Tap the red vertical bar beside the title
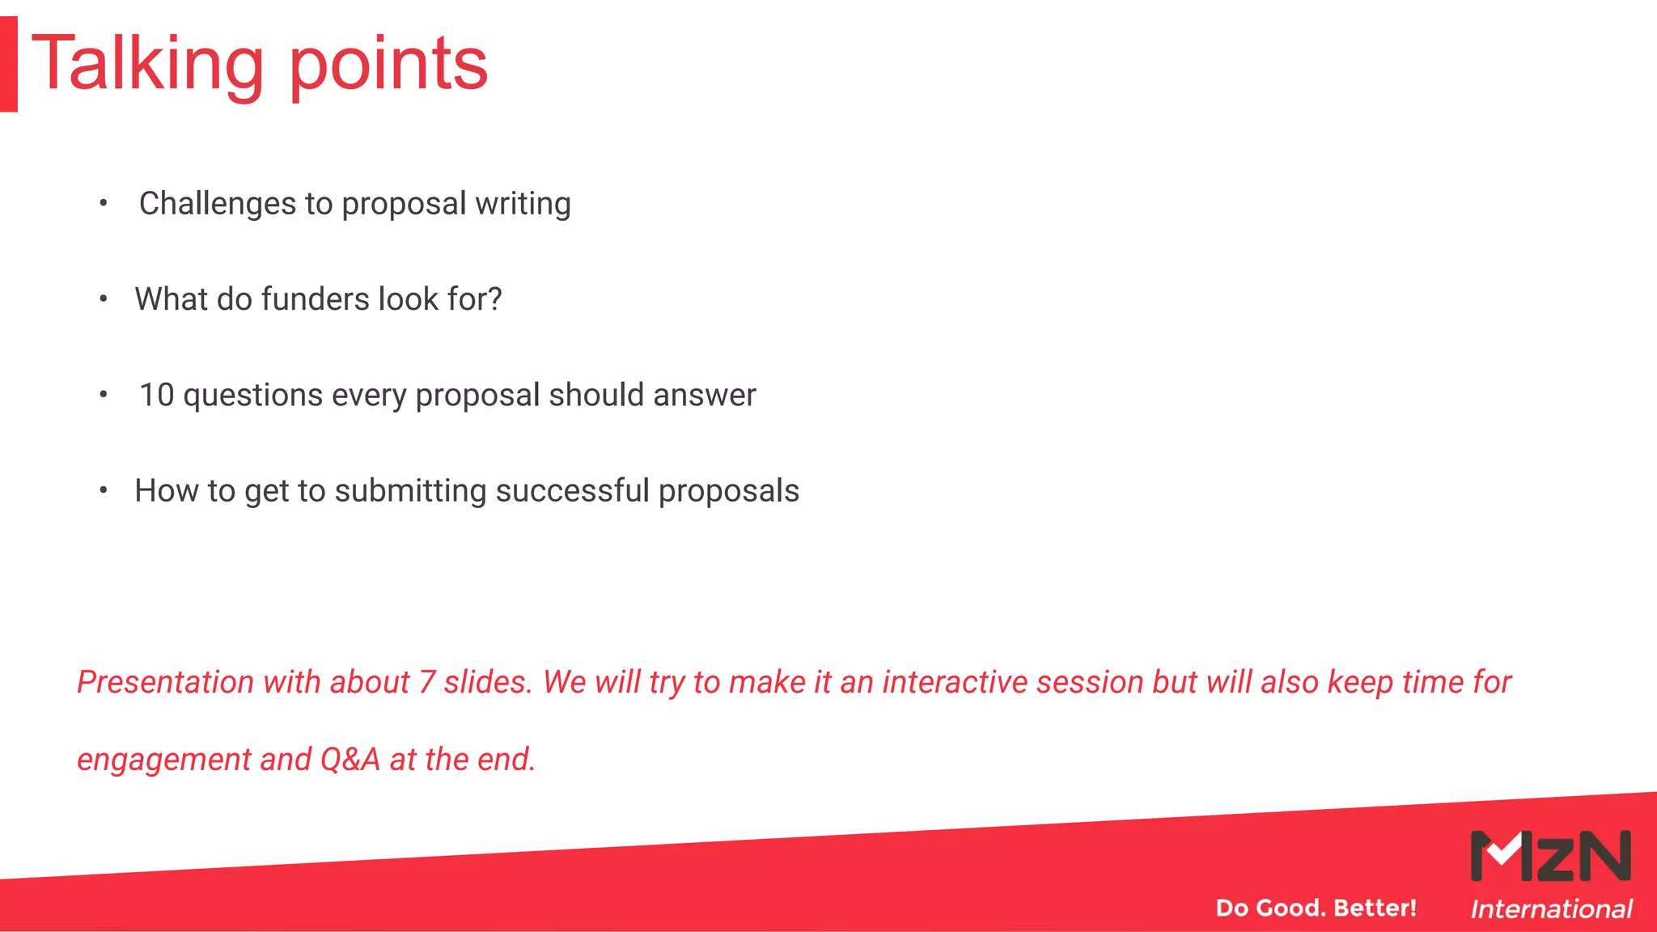point(9,64)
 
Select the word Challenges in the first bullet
point(218,203)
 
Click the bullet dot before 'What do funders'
point(104,299)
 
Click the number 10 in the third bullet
point(156,395)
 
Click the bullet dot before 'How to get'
point(104,490)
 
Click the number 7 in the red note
point(427,682)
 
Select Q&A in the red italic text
point(350,759)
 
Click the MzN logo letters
point(1550,856)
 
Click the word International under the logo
point(1551,909)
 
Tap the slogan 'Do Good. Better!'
point(1316,908)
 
